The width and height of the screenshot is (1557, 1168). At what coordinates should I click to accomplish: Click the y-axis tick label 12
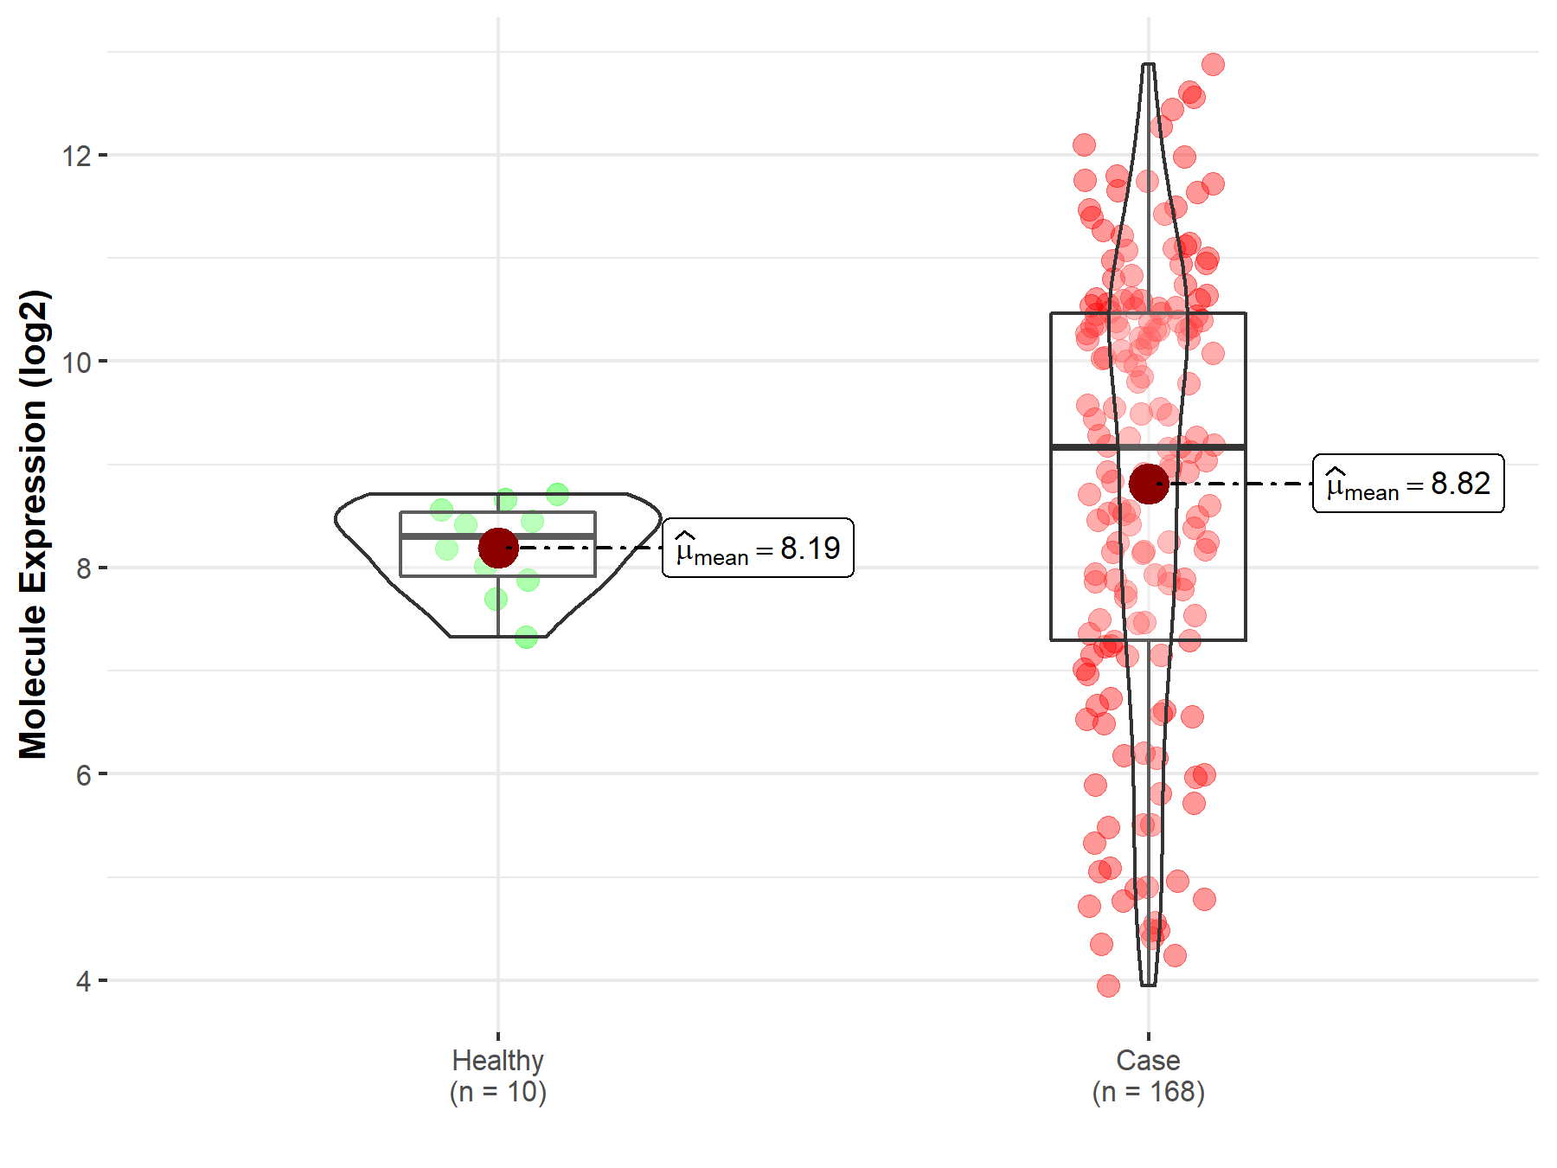click(76, 156)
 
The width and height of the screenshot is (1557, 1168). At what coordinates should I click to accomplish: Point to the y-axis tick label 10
click(76, 362)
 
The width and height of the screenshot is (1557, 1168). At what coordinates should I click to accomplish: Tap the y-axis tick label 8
click(83, 568)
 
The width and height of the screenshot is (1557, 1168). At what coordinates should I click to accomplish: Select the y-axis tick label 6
click(83, 774)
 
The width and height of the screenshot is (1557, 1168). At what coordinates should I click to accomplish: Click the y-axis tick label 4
click(83, 981)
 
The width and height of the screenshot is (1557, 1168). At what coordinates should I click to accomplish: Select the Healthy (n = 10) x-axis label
click(497, 1075)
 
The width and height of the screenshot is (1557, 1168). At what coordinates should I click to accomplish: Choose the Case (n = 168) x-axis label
click(1148, 1075)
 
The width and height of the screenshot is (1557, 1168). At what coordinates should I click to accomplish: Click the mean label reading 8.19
click(758, 549)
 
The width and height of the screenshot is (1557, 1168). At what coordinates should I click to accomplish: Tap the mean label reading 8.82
click(1408, 484)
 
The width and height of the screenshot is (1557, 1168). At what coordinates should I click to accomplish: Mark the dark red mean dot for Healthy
click(498, 548)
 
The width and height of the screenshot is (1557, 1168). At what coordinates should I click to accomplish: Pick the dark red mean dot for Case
click(1149, 484)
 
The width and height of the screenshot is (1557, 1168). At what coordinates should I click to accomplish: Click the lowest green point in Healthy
click(526, 638)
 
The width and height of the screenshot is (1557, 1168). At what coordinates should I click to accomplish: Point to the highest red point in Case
click(1213, 64)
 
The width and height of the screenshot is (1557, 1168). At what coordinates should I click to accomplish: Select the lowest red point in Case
click(1108, 985)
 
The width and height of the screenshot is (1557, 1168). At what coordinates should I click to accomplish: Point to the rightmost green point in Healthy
click(557, 495)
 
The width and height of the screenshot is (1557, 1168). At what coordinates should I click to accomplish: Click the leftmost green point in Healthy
click(441, 510)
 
